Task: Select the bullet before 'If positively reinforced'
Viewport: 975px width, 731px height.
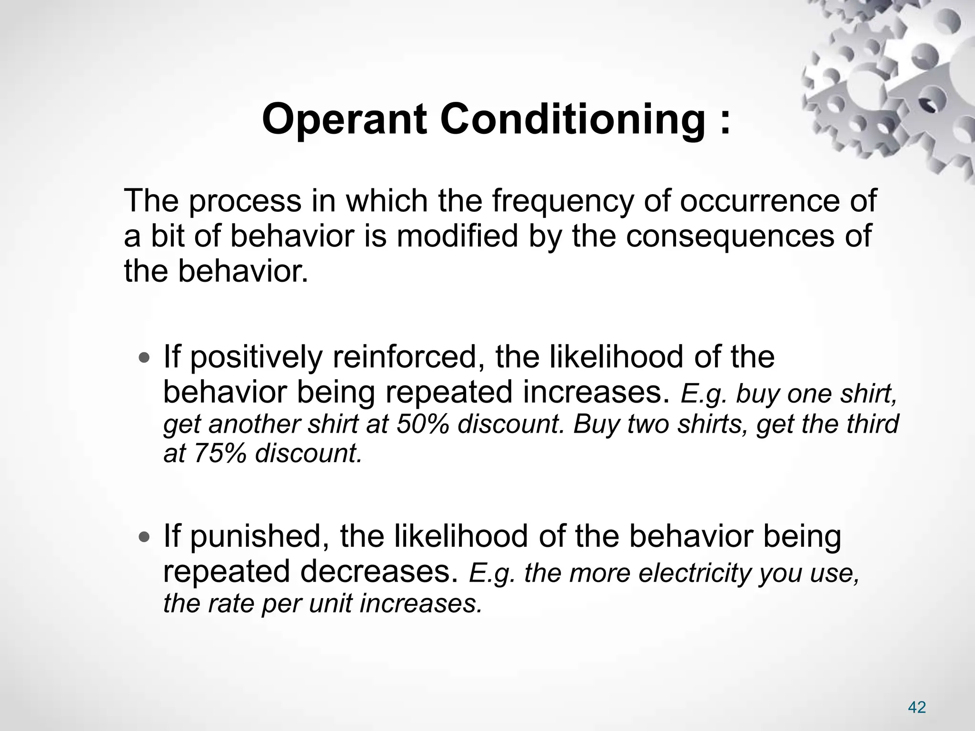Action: click(143, 357)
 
